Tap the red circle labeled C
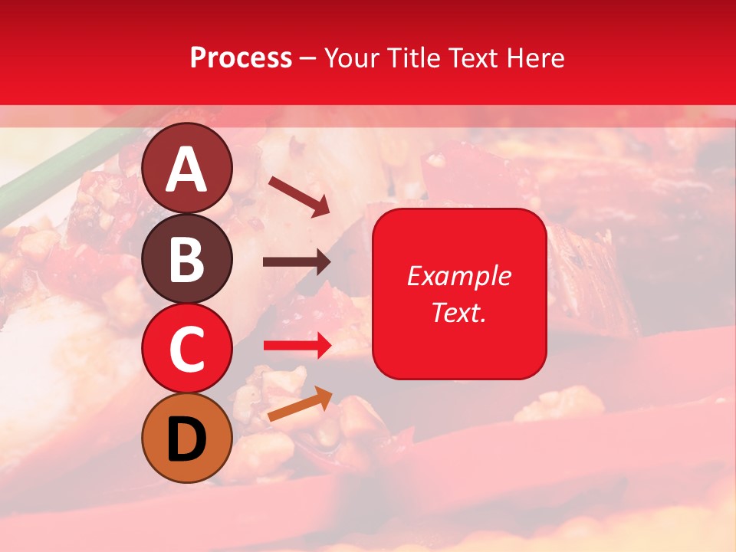coord(187,349)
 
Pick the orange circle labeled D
coord(187,438)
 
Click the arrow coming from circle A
coord(299,195)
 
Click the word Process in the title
coord(241,58)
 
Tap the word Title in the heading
coord(406,58)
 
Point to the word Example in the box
coord(458,276)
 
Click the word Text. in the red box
coord(458,312)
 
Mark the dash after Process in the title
coord(308,59)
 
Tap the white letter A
coord(187,170)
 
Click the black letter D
coord(187,439)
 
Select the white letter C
coord(187,350)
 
